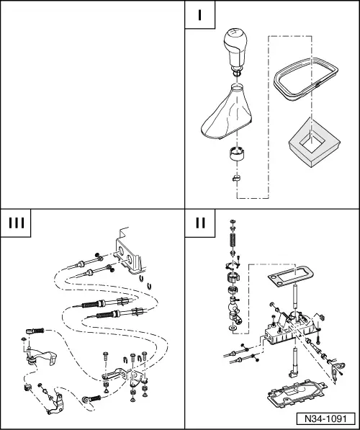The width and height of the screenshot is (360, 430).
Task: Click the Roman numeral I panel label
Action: coord(200,15)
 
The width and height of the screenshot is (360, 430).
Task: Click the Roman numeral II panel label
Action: coord(200,223)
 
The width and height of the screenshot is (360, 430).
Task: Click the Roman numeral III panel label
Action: coord(17,223)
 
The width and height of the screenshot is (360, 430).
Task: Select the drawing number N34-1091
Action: coord(325,418)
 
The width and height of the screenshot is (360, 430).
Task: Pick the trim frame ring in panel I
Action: coord(306,79)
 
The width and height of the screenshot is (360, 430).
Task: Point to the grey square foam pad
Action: coord(314,143)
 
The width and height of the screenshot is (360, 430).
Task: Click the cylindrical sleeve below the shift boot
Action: coord(237,153)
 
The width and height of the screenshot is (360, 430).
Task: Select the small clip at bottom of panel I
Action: coord(236,178)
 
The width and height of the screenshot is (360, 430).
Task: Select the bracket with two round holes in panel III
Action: coord(128,256)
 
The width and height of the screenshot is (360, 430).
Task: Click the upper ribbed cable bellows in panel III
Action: coord(93,304)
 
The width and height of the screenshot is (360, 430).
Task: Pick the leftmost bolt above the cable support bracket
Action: coord(106,357)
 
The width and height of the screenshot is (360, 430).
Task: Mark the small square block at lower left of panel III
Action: coord(27,388)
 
